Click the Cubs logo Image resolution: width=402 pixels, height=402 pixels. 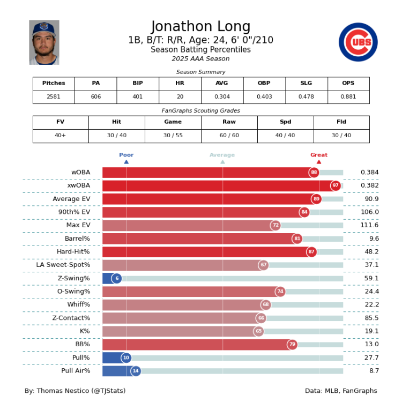tap(358, 42)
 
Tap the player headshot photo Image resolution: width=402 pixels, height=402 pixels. tap(44, 42)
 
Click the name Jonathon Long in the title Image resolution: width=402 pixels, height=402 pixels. tap(200, 27)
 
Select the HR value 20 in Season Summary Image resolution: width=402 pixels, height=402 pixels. tap(180, 97)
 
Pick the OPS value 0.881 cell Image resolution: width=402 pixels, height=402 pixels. tap(348, 97)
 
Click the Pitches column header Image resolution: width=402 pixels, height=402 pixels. tap(54, 84)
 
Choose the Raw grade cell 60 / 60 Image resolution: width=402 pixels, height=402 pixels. tap(229, 136)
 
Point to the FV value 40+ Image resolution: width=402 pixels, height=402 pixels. tap(61, 136)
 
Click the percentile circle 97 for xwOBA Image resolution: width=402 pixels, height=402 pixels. tap(336, 185)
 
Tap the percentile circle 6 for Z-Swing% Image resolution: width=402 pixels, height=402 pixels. tap(117, 278)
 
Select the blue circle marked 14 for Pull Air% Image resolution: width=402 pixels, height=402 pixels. tap(136, 371)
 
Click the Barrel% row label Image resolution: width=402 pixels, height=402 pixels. tap(77, 239)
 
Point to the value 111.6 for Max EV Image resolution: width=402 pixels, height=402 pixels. tap(369, 225)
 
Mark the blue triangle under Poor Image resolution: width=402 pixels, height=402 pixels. tap(126, 161)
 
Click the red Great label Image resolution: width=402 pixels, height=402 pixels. tap(318, 155)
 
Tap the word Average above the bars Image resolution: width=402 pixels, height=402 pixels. tap(222, 155)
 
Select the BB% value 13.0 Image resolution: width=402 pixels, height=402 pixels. tap(369, 344)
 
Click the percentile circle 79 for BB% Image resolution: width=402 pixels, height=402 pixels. tap(292, 344)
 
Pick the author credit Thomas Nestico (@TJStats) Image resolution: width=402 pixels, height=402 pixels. tap(75, 391)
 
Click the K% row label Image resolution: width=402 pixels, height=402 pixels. tap(85, 331)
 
